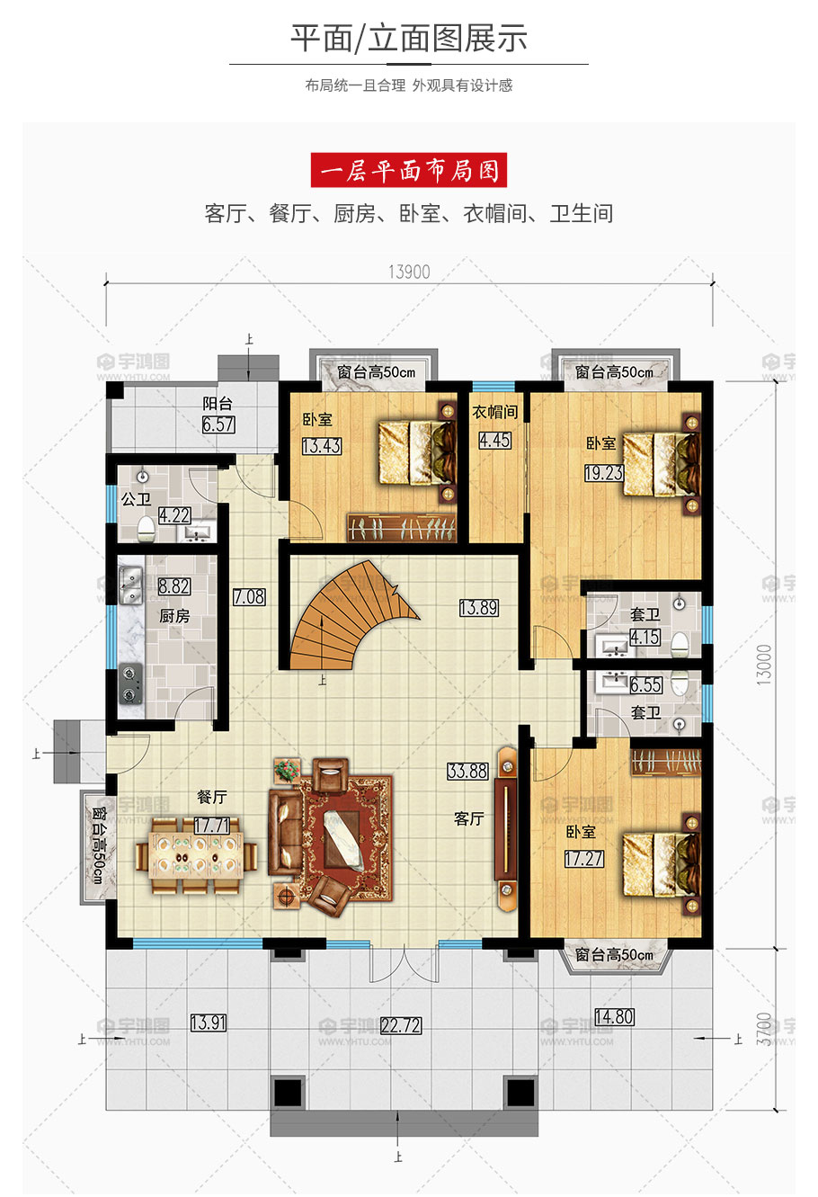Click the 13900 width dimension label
pos(409,272)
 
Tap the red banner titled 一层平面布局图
pos(409,170)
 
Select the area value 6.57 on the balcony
pos(218,424)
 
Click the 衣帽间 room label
pos(494,412)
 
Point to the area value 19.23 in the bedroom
pos(604,472)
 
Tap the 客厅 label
pos(469,818)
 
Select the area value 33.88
pos(467,771)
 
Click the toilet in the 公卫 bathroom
pos(146,529)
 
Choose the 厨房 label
pos(174,616)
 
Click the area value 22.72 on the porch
pos(401,1025)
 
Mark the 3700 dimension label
pos(765,1029)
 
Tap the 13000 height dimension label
pos(765,665)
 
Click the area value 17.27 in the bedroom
pos(584,858)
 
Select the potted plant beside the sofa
pos(288,771)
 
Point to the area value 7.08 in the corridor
pos(249,596)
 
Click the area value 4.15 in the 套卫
pos(645,637)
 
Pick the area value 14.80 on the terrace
pos(615,1016)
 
